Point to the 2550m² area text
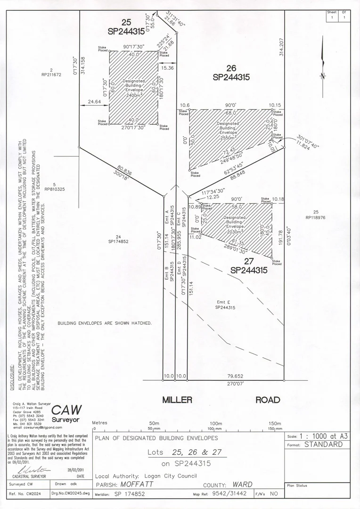tap(228, 138)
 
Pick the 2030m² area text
tap(234, 232)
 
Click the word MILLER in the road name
tap(177, 400)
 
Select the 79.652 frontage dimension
tap(235, 376)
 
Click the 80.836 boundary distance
tap(124, 169)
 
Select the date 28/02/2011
tap(76, 469)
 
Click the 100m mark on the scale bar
tap(215, 423)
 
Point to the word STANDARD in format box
tap(324, 444)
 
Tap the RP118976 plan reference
tap(316, 217)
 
